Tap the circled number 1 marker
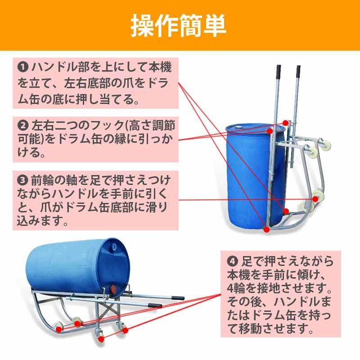[x=22, y=67]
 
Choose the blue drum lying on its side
[x=76, y=265]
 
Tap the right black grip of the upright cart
[x=298, y=71]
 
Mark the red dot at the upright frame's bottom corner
[x=266, y=229]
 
